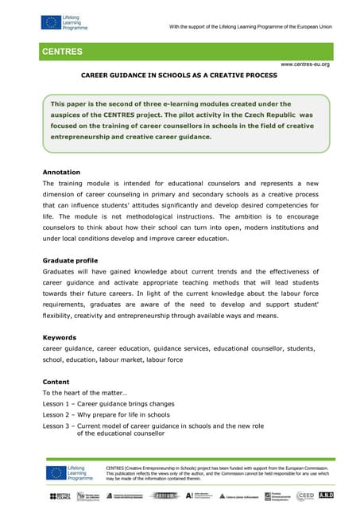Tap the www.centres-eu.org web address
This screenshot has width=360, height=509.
[x=305, y=64]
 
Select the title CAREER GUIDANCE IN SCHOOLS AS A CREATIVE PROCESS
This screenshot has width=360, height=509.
[x=180, y=76]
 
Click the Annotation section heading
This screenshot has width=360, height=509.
[x=63, y=172]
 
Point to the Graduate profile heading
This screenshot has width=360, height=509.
[x=71, y=260]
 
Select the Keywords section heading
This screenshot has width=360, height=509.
[x=60, y=337]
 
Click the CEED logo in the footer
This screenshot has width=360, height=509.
[x=304, y=495]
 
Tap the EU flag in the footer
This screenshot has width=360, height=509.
[x=55, y=472]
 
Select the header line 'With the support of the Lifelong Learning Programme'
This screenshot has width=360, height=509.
[x=250, y=29]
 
